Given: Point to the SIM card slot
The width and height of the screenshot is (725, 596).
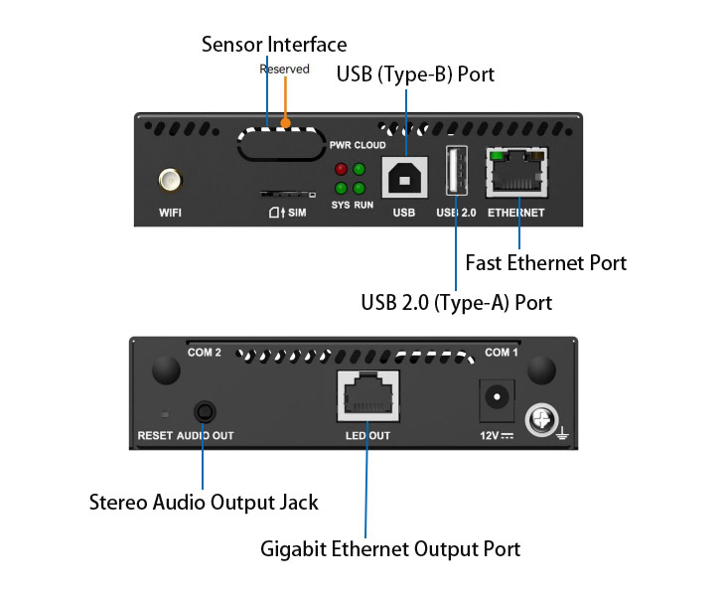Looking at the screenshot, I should point(283,196).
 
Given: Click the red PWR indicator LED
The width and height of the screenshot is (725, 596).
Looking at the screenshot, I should point(341,170).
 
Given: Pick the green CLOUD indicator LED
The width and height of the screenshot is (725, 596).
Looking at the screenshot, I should point(359,170).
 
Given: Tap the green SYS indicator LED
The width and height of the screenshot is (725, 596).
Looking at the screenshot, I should point(341,188).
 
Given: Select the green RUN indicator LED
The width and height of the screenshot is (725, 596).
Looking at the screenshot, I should point(359,188).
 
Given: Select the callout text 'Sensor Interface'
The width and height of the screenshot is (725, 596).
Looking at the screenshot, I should point(274,45).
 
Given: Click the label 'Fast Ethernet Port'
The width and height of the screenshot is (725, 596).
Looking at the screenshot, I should point(546,263).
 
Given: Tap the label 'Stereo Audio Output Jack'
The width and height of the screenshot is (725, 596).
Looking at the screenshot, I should point(204,502).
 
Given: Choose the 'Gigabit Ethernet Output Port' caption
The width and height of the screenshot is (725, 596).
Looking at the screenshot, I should point(390,548).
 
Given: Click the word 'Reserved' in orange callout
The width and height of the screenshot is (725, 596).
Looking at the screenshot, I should point(285,70).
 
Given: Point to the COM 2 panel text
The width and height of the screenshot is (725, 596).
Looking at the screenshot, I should point(205,353).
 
